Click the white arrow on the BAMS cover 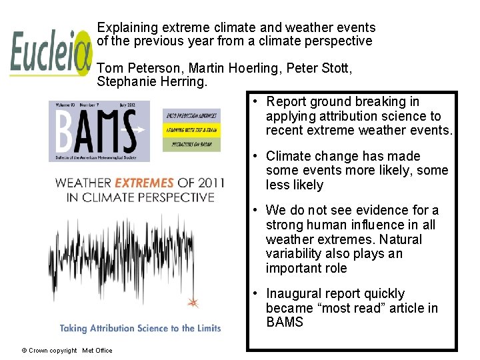coord(139,130)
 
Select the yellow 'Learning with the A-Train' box coord(191,130)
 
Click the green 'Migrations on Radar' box coord(191,144)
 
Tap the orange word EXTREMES coord(144,183)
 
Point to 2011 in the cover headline coord(208,183)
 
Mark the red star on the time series coord(193,303)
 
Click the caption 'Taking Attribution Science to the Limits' coord(140,328)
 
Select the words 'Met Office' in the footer coord(97,351)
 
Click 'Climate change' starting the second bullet coord(309,157)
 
